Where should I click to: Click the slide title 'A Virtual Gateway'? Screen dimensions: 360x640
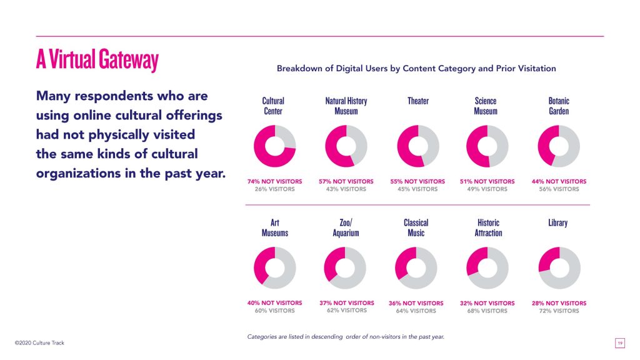tap(97, 61)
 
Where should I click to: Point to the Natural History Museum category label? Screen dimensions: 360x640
tap(346, 106)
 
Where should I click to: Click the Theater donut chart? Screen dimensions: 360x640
tap(418, 146)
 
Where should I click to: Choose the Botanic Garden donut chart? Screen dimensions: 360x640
tap(559, 146)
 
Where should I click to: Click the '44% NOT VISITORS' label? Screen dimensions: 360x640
tap(559, 181)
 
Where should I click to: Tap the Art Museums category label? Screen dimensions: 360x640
tap(275, 227)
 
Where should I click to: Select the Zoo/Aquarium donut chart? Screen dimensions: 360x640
tap(346, 267)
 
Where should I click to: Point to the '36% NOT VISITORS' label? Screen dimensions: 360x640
tap(416, 303)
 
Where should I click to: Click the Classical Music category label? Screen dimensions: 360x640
tap(416, 227)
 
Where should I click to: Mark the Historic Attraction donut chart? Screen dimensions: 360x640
tap(487, 267)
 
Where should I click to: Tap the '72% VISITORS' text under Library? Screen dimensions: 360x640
tap(559, 311)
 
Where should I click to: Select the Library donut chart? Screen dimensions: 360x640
tap(559, 267)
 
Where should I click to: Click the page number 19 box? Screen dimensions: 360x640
tap(620, 343)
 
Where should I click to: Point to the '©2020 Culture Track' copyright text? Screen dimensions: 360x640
tap(39, 343)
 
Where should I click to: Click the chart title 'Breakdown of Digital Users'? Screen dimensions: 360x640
tap(416, 68)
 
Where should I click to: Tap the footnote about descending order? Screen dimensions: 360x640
tap(346, 337)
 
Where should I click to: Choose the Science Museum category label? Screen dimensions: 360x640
tap(486, 106)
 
